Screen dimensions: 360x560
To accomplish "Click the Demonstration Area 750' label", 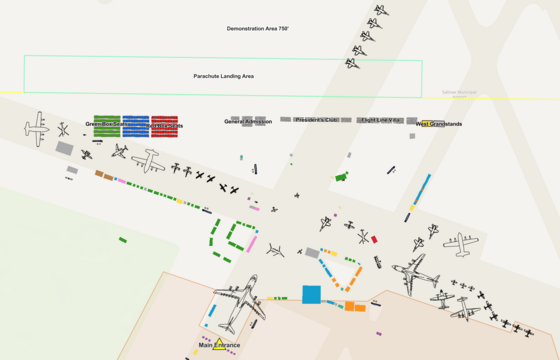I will (257, 29).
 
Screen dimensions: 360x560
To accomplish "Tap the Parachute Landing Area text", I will (223, 76).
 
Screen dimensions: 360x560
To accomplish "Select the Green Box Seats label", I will (105, 125).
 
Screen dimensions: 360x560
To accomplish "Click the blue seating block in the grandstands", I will (136, 126).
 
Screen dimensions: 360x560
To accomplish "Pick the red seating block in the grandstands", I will (165, 126).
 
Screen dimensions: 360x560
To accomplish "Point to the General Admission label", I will (248, 122).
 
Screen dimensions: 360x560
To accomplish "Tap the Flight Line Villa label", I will (380, 120).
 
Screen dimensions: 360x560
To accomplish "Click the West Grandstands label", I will (438, 124).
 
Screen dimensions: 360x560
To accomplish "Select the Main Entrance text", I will (219, 346).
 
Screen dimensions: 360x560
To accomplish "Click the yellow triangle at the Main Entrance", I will (218, 345).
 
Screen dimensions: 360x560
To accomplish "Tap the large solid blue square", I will (311, 294).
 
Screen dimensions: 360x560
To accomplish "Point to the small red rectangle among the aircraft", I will (374, 240).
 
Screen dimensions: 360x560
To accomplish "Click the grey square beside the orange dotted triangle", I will (312, 253).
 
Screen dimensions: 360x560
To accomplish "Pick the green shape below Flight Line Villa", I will (340, 177).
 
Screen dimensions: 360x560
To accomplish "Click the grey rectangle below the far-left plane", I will (64, 148).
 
